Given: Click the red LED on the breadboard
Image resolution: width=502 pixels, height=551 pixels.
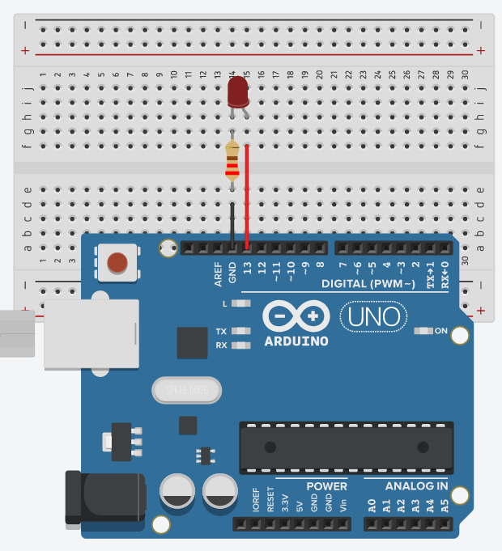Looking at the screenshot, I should pyautogui.click(x=237, y=92).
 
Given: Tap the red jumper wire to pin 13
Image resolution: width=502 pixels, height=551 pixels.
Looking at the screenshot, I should pyautogui.click(x=247, y=194).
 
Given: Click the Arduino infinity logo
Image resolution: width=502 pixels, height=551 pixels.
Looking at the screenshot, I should pyautogui.click(x=296, y=316).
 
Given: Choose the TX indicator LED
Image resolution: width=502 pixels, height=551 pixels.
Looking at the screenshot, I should pyautogui.click(x=238, y=331).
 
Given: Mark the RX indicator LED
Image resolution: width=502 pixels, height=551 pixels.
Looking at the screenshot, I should pyautogui.click(x=238, y=345).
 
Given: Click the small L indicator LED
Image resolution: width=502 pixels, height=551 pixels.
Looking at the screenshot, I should pyautogui.click(x=238, y=303).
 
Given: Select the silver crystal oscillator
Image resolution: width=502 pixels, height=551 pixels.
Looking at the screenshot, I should pyautogui.click(x=185, y=391).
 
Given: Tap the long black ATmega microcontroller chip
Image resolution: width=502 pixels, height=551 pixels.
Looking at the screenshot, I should pyautogui.click(x=346, y=447).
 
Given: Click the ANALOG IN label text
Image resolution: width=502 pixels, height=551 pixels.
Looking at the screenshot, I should pyautogui.click(x=416, y=486).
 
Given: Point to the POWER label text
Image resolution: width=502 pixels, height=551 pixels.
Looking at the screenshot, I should pyautogui.click(x=327, y=486).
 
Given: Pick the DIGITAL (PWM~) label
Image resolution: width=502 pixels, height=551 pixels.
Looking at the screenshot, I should pyautogui.click(x=368, y=284).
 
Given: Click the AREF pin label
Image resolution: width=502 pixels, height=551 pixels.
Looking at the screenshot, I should pyautogui.click(x=219, y=274).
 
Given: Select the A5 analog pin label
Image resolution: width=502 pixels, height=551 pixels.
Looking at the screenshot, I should pyautogui.click(x=445, y=507).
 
